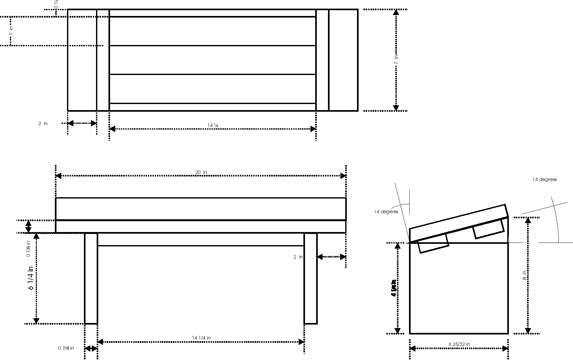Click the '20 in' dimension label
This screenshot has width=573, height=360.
(x=201, y=172)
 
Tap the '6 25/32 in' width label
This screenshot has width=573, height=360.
(x=459, y=344)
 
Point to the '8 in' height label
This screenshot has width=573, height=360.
(x=524, y=275)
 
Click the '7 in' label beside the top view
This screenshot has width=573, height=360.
(x=396, y=60)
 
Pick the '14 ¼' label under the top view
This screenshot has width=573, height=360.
(x=213, y=125)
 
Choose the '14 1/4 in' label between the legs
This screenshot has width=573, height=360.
(x=201, y=338)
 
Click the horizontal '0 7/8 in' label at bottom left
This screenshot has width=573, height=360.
(x=66, y=348)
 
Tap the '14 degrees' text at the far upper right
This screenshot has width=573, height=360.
(x=544, y=179)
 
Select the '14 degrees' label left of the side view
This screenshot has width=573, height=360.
(x=386, y=212)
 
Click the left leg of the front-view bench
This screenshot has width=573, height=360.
(x=91, y=278)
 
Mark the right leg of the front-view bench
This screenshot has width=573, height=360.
(x=310, y=278)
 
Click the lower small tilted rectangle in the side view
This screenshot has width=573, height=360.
(x=433, y=244)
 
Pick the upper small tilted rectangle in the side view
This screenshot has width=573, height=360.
(x=488, y=229)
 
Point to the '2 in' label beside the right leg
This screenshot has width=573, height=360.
(x=298, y=257)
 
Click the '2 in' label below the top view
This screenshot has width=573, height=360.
(x=43, y=124)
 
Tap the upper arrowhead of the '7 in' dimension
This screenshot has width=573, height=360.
(x=396, y=12)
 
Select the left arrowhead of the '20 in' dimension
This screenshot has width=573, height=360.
(x=58, y=176)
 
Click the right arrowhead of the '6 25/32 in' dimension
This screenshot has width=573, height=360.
(x=505, y=349)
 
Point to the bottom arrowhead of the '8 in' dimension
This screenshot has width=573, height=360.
(x=528, y=331)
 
